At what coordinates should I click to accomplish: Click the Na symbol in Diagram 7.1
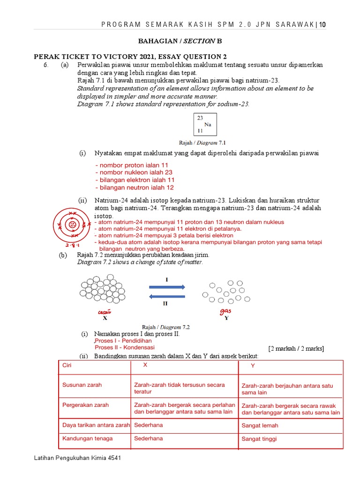[x=208, y=125]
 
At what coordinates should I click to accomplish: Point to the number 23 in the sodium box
[x=200, y=118]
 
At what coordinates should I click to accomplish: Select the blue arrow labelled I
[x=167, y=287]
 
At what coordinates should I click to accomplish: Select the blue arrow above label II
[x=167, y=296]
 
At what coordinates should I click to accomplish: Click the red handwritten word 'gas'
[x=225, y=311]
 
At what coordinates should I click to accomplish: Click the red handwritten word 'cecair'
[x=105, y=312]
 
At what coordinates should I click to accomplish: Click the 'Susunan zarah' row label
[x=82, y=385]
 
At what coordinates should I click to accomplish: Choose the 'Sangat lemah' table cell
[x=260, y=426]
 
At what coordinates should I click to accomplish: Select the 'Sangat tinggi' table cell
[x=259, y=439]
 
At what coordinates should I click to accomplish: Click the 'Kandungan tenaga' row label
[x=88, y=438]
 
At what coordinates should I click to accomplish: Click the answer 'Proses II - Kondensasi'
[x=125, y=347]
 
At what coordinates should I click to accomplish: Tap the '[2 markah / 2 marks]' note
[x=296, y=348]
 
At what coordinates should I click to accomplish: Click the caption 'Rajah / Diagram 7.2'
[x=165, y=327]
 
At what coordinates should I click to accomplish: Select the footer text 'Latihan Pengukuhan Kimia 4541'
[x=78, y=458]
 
